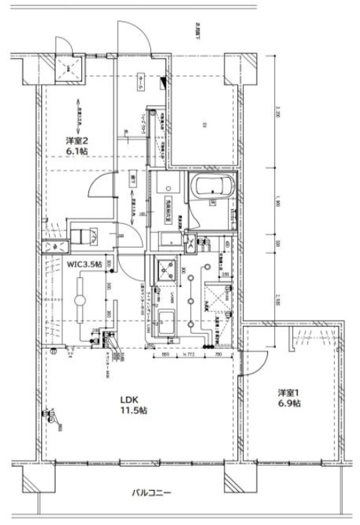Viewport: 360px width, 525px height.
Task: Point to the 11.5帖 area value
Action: [133, 411]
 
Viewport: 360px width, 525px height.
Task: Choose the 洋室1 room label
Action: [288, 392]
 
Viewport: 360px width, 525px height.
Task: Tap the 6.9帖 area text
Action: [288, 404]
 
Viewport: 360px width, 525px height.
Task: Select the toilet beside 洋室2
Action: [86, 235]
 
